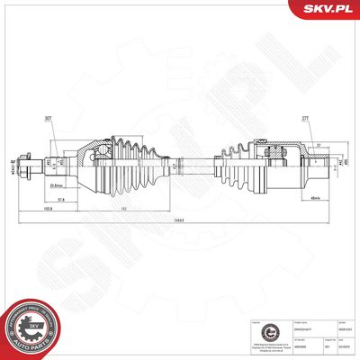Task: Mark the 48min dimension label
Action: click(x=315, y=198)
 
